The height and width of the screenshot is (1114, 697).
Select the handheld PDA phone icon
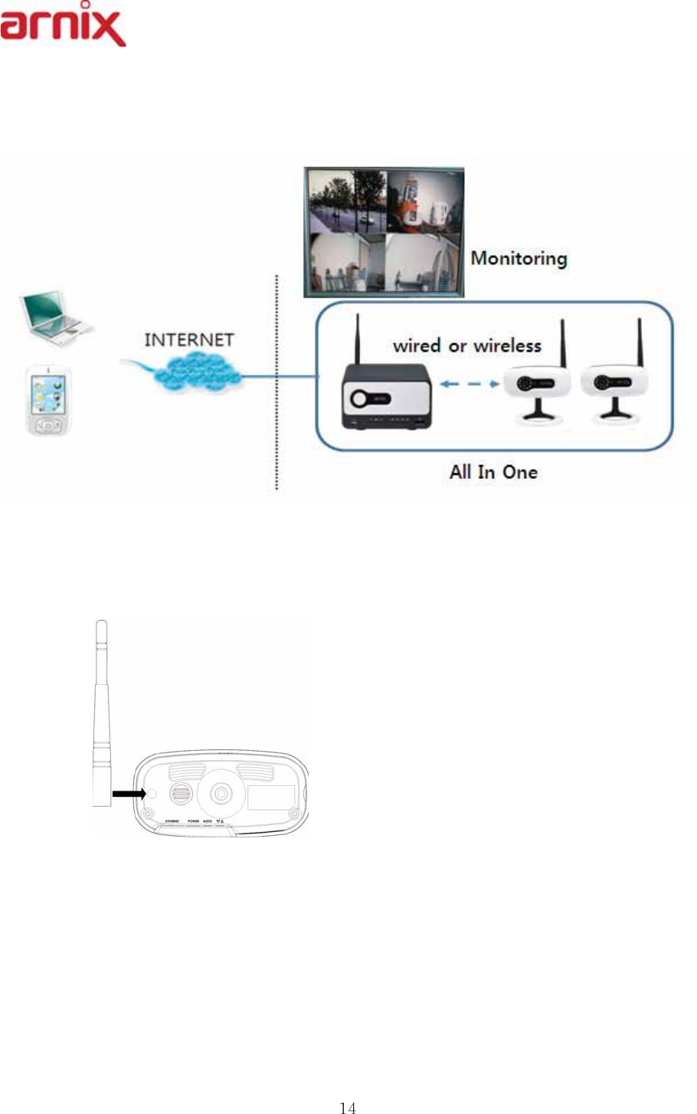(x=49, y=401)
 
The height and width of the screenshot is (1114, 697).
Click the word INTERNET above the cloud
(x=188, y=339)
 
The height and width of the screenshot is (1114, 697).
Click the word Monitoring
(x=519, y=258)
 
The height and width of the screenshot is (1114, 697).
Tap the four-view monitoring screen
(x=384, y=231)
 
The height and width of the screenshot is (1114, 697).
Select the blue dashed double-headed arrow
(x=469, y=384)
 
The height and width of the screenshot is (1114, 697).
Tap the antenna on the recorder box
(x=356, y=337)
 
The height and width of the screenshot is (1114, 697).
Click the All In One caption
(x=493, y=472)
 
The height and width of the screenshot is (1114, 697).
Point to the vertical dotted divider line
(x=277, y=383)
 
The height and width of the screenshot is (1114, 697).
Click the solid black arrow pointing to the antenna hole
(x=128, y=795)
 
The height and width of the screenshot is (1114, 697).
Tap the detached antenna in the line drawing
(x=101, y=713)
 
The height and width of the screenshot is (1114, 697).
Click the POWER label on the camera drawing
(x=193, y=821)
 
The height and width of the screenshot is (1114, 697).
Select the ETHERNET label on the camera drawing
(x=172, y=821)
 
